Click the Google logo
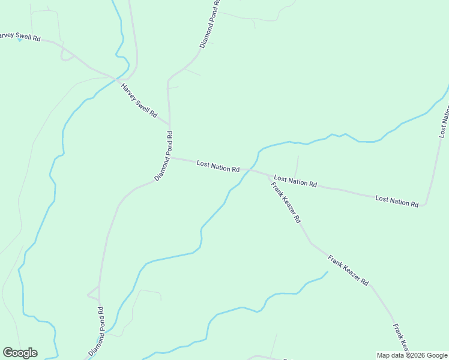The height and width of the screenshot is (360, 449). click(20, 353)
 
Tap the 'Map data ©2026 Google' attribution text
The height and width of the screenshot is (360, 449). click(411, 355)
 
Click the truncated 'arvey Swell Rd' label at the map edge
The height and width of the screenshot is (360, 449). click(20, 37)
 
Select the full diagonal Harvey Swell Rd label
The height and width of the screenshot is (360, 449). click(139, 100)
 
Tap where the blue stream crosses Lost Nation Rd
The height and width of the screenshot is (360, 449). click(248, 170)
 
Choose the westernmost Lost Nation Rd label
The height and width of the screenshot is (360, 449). click(218, 166)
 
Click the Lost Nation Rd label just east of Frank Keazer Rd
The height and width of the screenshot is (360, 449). click(295, 181)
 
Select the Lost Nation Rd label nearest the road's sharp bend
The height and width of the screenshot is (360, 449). click(396, 200)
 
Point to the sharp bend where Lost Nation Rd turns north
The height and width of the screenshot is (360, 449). click(425, 204)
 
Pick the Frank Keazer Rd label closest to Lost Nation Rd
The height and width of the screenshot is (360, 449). click(286, 203)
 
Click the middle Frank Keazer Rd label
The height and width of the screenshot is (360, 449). click(348, 269)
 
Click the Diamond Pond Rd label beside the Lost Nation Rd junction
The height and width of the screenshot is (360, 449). click(164, 156)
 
